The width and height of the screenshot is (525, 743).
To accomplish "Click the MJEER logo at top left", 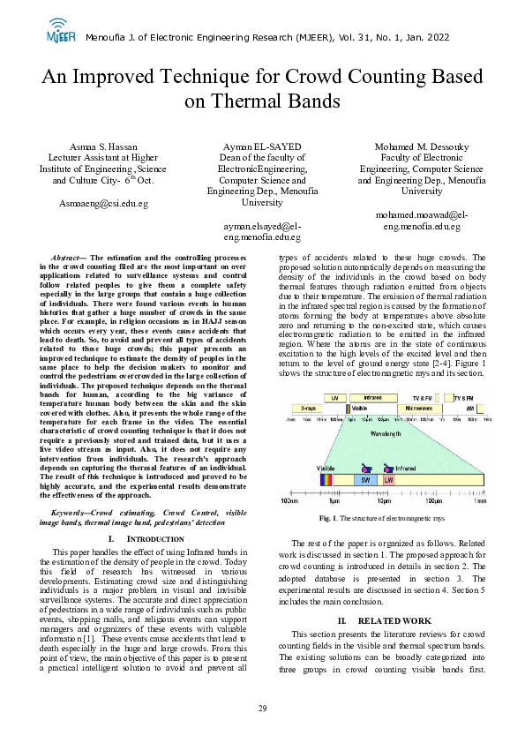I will point(60,31).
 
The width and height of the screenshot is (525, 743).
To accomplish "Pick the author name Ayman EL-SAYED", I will point(262,146).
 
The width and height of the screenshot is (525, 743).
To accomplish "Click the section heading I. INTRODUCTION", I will point(132,537).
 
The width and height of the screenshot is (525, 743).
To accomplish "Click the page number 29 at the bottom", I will point(262,709).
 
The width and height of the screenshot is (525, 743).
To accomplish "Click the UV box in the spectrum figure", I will point(335,398).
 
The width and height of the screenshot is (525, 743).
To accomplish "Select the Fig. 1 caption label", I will point(328,517).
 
